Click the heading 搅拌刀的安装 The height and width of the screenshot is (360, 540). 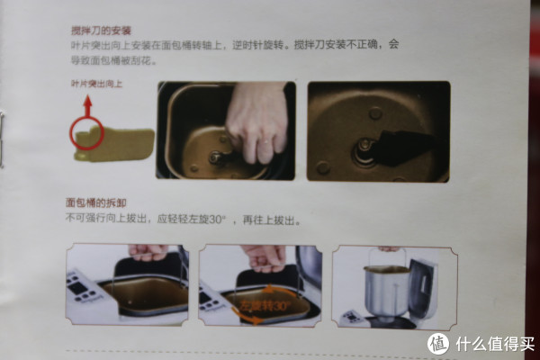(101, 31)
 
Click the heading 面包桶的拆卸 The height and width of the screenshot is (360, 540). (96, 202)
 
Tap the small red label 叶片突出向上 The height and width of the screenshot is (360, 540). (96, 84)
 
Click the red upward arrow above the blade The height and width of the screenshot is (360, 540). (88, 106)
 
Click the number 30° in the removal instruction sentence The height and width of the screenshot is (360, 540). (217, 220)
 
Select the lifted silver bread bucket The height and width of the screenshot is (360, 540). (387, 291)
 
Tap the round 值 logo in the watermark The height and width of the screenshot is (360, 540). (438, 344)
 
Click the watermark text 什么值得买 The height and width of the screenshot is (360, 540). (495, 344)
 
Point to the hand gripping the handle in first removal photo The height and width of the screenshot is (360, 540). (148, 252)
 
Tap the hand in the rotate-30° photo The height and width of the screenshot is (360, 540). (264, 257)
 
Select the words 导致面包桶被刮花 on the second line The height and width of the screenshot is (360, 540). (112, 61)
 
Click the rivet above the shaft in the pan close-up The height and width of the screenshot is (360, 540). (375, 113)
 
